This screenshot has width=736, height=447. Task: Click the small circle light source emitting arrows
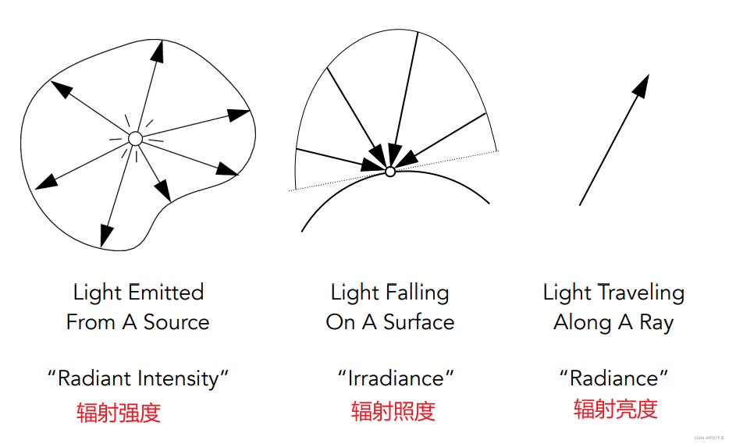pyautogui.click(x=135, y=139)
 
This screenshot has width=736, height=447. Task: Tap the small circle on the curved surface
pyautogui.click(x=390, y=171)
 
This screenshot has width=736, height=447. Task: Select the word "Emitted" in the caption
pyautogui.click(x=166, y=293)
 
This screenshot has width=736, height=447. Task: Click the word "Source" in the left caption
pyautogui.click(x=176, y=322)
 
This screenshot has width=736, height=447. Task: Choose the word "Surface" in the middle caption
pyautogui.click(x=418, y=322)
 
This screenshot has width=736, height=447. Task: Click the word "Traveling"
pyautogui.click(x=641, y=293)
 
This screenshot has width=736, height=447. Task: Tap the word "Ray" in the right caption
pyautogui.click(x=656, y=322)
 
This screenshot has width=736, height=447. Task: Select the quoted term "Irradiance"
pyautogui.click(x=396, y=378)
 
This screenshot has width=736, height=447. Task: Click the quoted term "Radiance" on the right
pyautogui.click(x=614, y=378)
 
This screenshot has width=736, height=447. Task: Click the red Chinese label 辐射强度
pyautogui.click(x=119, y=412)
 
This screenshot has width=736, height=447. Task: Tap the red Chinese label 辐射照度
pyautogui.click(x=393, y=411)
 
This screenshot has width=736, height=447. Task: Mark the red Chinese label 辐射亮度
pyautogui.click(x=616, y=408)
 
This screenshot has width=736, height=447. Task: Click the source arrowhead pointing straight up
pyautogui.click(x=158, y=51)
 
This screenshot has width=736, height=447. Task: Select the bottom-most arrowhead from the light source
pyautogui.click(x=105, y=235)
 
